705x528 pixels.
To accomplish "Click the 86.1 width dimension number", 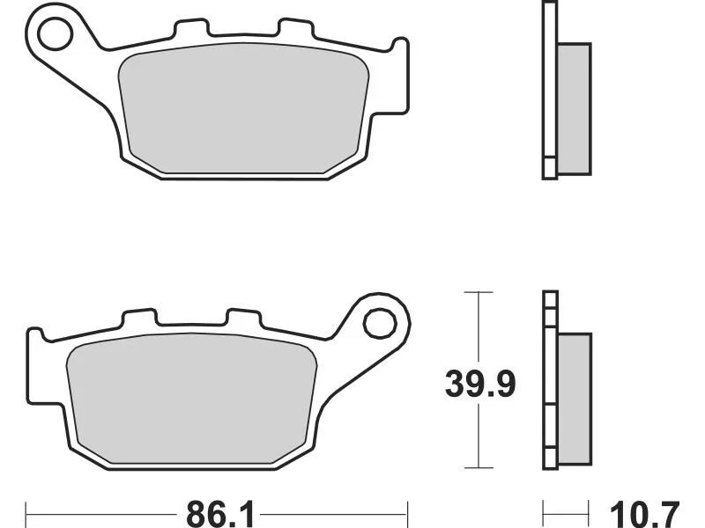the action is (220, 515).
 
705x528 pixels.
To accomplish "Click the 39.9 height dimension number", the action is (479, 385).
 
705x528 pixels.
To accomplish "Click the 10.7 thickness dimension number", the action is (644, 515).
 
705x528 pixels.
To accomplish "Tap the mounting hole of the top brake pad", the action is (56, 33).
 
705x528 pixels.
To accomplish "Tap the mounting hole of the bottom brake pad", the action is (380, 323).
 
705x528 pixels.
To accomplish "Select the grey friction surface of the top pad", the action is (243, 107).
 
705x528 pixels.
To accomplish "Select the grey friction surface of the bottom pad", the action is (191, 399).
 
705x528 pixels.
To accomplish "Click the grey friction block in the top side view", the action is (575, 109).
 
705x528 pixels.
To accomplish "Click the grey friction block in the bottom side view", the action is (575, 400).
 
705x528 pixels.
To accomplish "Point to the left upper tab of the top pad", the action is (191, 28).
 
